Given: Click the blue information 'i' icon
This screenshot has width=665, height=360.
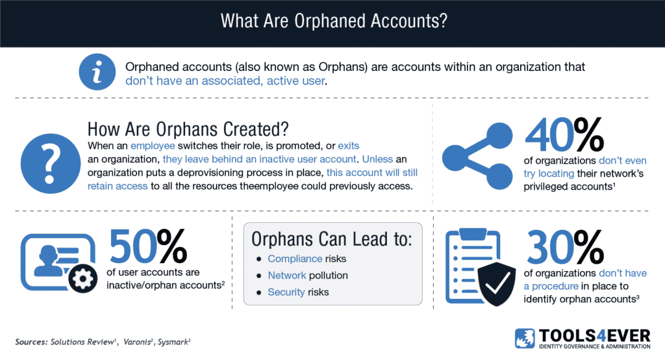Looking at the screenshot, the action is pos(97,71).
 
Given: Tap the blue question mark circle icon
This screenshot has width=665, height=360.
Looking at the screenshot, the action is pos(51,164).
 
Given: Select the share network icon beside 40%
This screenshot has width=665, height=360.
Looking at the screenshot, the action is pos(477,156).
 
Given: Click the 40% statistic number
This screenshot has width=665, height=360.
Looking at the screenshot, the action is pos(564,135).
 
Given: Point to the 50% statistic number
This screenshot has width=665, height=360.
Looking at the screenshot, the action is pos(148,246).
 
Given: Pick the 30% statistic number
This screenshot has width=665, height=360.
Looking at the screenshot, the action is pos(565,247).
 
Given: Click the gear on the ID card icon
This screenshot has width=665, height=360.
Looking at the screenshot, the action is pos(82,279).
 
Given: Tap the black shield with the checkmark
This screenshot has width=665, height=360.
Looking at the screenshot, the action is pos(497,283).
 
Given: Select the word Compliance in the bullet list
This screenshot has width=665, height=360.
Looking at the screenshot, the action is pos(295,259).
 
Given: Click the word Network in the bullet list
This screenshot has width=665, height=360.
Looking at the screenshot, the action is pos(286,275).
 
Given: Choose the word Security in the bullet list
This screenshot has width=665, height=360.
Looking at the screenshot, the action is pos(286,292).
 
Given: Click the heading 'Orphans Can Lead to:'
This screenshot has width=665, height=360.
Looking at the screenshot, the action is pos(332,239).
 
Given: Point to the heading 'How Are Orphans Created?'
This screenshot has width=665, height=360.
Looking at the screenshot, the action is pos(188,129).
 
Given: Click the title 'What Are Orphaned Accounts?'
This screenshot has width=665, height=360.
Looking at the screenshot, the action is pos(334,21).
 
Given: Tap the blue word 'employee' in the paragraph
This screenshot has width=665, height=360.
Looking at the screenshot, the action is pos(153,146).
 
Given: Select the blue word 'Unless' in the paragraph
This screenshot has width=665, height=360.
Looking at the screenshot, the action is pos(377,159).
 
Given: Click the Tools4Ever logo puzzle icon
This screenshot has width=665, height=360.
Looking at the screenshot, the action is pos(525,339).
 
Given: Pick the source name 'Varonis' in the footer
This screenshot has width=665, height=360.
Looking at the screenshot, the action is pos(136,342).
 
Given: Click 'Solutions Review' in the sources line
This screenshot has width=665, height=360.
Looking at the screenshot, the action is pos(82,342).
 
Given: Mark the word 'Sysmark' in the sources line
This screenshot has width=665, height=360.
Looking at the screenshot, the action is pos(173,342).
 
